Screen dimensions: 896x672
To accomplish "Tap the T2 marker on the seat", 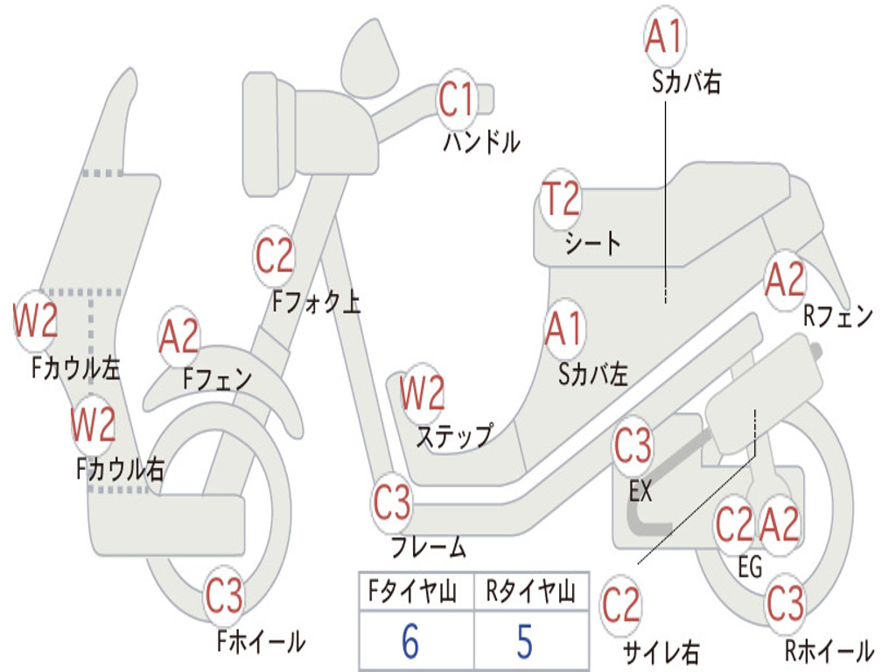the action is coord(561,199).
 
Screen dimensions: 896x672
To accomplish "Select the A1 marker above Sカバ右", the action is coord(665,35).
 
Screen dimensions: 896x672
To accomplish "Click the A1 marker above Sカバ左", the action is coord(564,329).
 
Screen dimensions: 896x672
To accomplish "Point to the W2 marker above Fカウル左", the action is coord(35,320).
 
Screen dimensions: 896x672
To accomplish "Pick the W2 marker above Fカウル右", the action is coord(93,424).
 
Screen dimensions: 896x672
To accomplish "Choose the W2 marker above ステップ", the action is coord(422,393).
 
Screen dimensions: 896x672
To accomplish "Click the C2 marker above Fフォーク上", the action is coord(274,255).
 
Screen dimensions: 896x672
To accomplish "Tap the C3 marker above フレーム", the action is coord(392,502).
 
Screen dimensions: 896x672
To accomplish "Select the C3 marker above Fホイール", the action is coord(224,595).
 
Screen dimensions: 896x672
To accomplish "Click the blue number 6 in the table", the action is coord(410,641).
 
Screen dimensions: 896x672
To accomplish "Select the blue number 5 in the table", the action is coord(525,641).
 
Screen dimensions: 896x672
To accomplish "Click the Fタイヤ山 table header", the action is coord(413,591).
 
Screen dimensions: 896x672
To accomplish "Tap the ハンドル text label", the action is coord(482,142).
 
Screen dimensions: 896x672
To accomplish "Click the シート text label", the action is coord(593,243).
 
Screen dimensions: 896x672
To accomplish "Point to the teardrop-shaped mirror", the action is coord(369,59).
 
